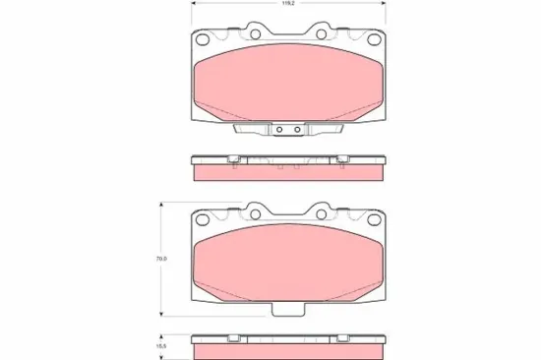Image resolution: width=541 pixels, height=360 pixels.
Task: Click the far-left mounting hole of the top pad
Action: [x=204, y=40]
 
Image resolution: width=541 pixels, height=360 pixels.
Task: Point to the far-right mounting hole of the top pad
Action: [x=373, y=40]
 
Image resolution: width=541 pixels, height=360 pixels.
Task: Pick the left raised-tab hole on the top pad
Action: [x=255, y=34]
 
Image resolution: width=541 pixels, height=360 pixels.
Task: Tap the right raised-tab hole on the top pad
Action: [x=322, y=34]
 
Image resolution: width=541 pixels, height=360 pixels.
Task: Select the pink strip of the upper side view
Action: [x=288, y=172]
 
